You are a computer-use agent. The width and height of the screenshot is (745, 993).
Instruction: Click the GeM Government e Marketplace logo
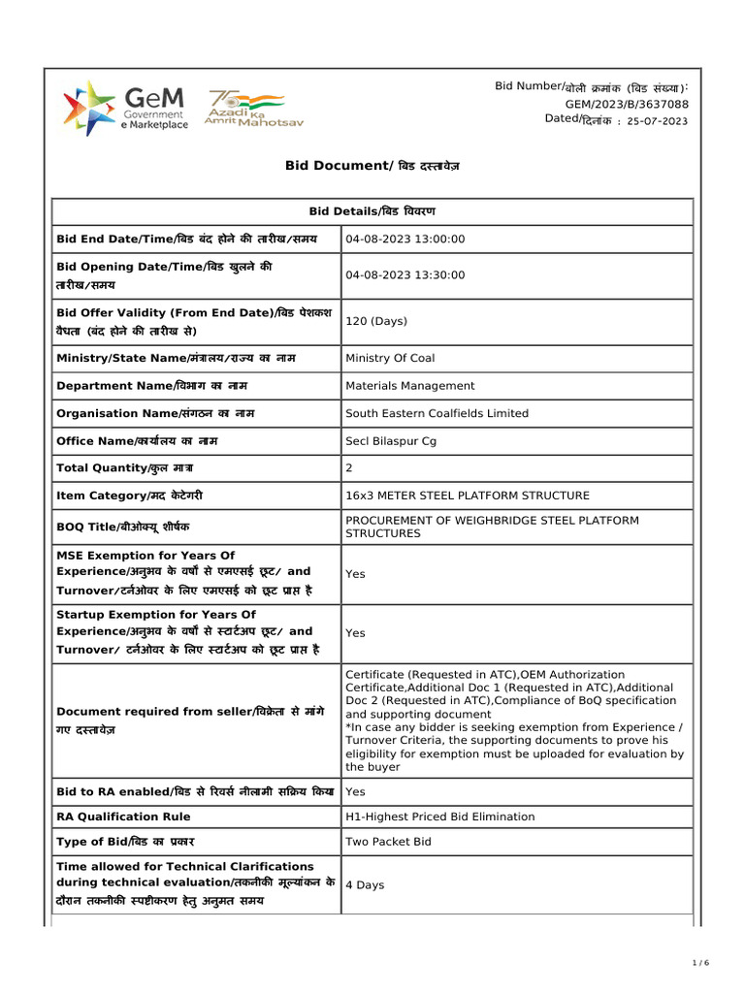pyautogui.click(x=125, y=108)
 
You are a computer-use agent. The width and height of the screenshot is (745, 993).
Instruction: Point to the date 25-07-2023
pyautogui.click(x=658, y=121)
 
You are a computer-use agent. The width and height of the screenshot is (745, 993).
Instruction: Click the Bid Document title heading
pyautogui.click(x=372, y=166)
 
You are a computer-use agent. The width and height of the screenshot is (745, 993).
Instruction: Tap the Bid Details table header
pyautogui.click(x=372, y=211)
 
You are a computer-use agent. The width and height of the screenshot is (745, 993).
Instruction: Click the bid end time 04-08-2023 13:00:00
pyautogui.click(x=405, y=239)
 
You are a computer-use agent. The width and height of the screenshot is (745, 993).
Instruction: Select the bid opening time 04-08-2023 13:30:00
pyautogui.click(x=405, y=275)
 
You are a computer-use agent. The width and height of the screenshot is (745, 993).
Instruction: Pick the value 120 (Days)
pyautogui.click(x=376, y=321)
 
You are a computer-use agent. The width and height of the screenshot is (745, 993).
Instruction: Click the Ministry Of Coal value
pyautogui.click(x=390, y=358)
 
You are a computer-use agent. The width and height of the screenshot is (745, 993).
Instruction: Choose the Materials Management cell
pyautogui.click(x=410, y=386)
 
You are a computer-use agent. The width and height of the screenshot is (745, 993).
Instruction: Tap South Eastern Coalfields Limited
pyautogui.click(x=437, y=413)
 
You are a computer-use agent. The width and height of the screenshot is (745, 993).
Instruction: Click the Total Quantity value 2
pyautogui.click(x=349, y=468)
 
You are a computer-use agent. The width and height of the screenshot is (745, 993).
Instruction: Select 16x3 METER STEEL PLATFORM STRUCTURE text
pyautogui.click(x=468, y=496)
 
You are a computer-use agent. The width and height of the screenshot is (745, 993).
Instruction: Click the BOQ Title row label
pyautogui.click(x=123, y=527)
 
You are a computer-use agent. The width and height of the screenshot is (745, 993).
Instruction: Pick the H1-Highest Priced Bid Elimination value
pyautogui.click(x=440, y=817)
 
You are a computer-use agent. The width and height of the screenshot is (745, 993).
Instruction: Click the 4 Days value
pyautogui.click(x=366, y=884)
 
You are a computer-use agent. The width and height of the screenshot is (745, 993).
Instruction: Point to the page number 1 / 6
pyautogui.click(x=701, y=962)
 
